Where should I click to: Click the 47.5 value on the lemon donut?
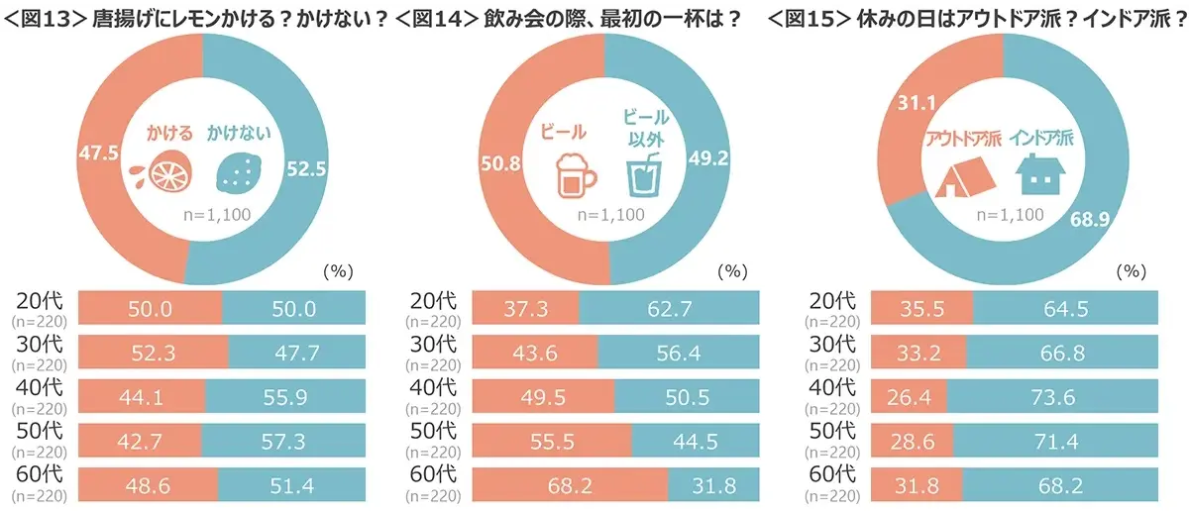[x=97, y=154]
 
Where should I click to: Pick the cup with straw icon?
[x=644, y=173]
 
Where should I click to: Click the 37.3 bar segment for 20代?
[x=525, y=309]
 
